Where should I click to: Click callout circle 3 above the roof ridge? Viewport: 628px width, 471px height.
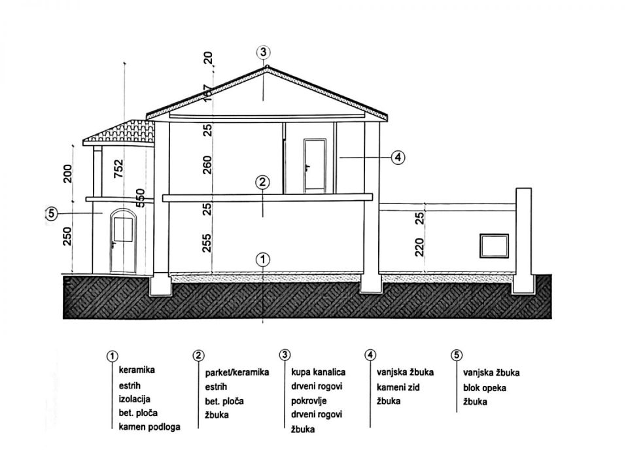(263, 52)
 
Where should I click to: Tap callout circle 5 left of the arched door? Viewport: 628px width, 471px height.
(52, 213)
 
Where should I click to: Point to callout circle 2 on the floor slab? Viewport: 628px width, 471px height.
(262, 183)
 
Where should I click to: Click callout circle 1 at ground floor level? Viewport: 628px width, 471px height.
(262, 258)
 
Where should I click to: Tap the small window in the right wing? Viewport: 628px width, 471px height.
(494, 245)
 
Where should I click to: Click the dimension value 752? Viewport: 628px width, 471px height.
(118, 169)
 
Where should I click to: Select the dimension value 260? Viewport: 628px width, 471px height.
(208, 164)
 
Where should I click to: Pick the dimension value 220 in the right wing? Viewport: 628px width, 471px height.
(421, 247)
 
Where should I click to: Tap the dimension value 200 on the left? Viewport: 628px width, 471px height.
(67, 173)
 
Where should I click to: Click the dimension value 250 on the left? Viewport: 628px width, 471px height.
(67, 234)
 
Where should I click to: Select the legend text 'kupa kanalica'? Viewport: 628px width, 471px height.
(319, 372)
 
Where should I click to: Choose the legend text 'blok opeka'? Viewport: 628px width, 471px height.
(485, 387)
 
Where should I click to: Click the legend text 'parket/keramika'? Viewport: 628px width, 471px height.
(237, 372)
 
